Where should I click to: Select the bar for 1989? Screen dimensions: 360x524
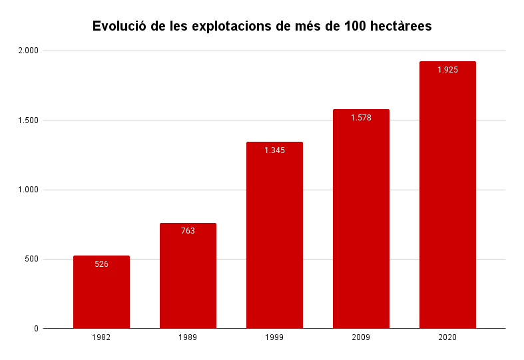[x=188, y=279]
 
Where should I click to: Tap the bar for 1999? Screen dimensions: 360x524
[x=274, y=240]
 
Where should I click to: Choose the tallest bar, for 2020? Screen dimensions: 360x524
[x=447, y=200]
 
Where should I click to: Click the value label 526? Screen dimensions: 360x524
[x=101, y=264]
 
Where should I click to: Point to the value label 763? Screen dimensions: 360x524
[x=188, y=231]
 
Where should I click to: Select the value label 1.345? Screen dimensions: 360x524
[x=274, y=150]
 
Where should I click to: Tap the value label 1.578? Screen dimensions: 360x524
[x=361, y=118]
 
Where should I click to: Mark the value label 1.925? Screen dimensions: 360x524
[x=447, y=70]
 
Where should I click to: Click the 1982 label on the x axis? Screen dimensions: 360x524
[x=101, y=338]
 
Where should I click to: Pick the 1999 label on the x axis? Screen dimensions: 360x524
[x=274, y=338]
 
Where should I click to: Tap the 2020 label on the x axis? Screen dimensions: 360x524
[x=447, y=338]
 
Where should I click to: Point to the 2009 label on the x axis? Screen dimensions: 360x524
[x=361, y=338]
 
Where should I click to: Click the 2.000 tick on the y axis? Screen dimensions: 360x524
[x=28, y=51]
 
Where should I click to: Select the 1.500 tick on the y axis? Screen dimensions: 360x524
[x=28, y=120]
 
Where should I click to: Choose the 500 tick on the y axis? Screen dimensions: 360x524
[x=32, y=259]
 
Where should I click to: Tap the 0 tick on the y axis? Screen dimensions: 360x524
[x=37, y=329]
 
